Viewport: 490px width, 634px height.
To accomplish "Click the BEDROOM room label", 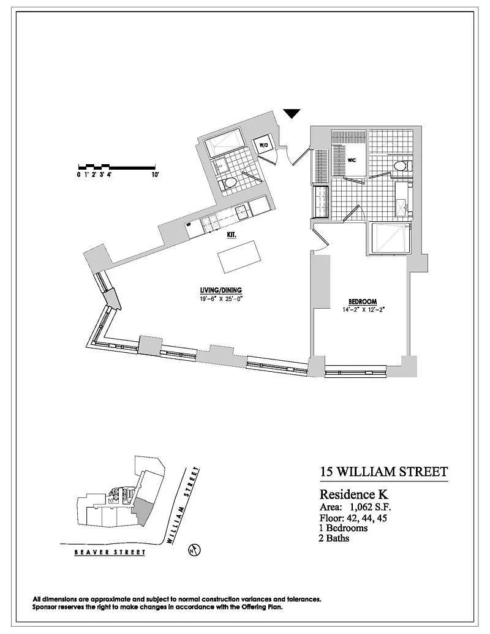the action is click(363, 301).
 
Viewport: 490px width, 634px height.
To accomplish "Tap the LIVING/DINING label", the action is click(221, 290).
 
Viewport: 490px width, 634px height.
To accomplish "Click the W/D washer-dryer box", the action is click(263, 145).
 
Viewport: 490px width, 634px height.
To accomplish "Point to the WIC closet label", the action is click(352, 160).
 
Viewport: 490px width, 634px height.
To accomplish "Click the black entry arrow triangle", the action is click(292, 113).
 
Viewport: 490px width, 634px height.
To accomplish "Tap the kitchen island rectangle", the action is click(238, 257).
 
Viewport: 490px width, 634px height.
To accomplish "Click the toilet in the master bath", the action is click(402, 166).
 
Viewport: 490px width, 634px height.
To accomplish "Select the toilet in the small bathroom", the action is click(228, 184).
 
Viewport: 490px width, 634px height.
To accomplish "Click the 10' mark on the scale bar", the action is click(155, 175).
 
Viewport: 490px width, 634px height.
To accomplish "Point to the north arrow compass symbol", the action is click(194, 550).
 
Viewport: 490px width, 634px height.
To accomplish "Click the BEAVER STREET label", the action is click(110, 552).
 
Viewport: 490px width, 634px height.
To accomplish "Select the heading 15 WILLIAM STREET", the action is click(383, 472).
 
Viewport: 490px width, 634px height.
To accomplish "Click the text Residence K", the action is click(354, 494).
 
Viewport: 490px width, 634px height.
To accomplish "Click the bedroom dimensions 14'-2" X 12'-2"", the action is click(363, 310).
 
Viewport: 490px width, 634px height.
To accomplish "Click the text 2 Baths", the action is click(334, 538).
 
